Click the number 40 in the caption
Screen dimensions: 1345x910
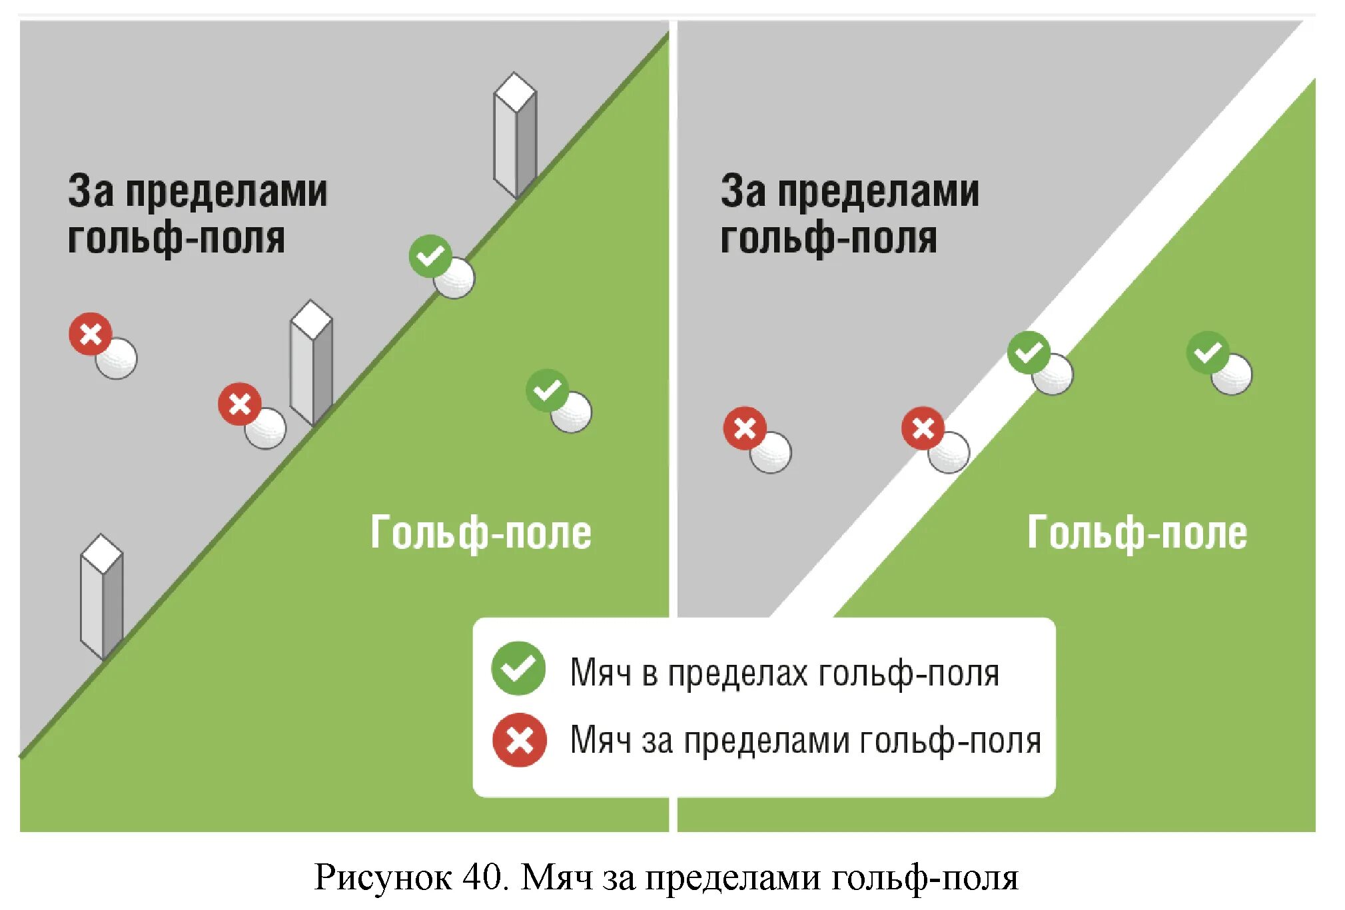tap(482, 877)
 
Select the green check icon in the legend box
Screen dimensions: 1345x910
tap(518, 668)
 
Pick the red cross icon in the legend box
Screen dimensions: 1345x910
tap(519, 739)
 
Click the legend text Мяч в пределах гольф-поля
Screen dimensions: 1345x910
tap(784, 673)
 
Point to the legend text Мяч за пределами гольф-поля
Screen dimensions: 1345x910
tap(805, 741)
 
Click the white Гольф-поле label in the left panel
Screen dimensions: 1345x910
tap(480, 533)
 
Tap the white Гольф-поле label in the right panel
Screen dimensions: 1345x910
tap(1136, 533)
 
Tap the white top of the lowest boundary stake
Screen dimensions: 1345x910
tap(101, 553)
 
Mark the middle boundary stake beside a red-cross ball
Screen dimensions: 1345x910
tap(311, 363)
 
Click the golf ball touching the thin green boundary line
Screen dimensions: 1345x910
tap(455, 278)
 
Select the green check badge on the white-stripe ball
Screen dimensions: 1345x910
tap(1028, 352)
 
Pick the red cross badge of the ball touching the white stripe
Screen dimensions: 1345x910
tap(923, 428)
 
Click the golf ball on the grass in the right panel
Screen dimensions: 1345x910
tap(1232, 374)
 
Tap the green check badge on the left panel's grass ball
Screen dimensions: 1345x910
tap(547, 390)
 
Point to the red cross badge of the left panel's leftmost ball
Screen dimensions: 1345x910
tap(91, 334)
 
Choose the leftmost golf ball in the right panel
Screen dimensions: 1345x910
tap(771, 453)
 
